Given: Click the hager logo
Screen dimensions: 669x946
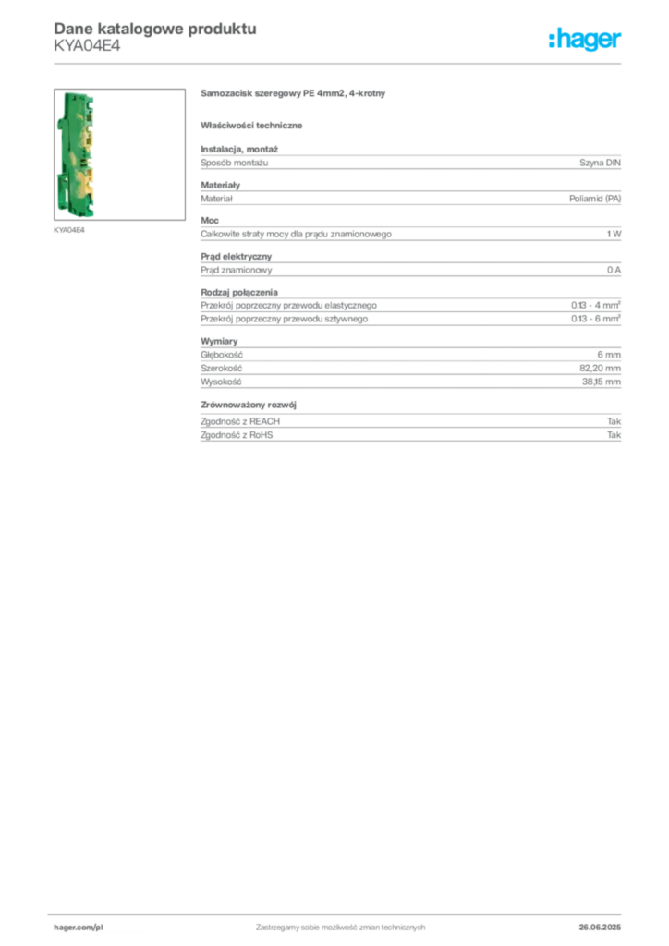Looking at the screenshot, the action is coord(585,40).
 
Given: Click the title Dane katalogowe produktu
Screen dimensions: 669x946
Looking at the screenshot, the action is coord(155,29).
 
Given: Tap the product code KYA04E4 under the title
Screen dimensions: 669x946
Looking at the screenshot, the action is coord(87,46).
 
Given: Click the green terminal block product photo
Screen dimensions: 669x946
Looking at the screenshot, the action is coord(76,154).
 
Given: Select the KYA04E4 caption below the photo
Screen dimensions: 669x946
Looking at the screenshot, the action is coord(68,230).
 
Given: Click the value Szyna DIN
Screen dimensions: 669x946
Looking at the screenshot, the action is coord(600,163).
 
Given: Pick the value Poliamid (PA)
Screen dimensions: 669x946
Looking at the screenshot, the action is coord(595,199).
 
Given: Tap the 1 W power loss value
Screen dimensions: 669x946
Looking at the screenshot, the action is coord(614,234).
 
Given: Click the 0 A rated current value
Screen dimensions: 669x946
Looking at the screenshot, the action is coord(614,270).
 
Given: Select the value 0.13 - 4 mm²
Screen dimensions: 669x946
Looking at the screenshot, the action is coord(595,305).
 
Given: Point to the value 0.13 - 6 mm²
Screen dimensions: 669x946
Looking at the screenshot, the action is coord(595,318).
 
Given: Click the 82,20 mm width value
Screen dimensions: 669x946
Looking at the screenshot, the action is coord(600,368).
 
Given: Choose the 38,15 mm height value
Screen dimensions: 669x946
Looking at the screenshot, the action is coord(601,382).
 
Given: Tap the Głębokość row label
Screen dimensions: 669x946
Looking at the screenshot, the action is coord(222,355).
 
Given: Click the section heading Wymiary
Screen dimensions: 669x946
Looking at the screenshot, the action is coord(219,341).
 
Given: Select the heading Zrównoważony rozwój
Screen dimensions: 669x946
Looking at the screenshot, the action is coord(249,405).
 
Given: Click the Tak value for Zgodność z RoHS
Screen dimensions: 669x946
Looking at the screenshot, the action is coord(614,435).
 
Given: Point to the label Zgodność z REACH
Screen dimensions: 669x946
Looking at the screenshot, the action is coord(240,421).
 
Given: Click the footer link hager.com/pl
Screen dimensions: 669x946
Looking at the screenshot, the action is coord(79,928).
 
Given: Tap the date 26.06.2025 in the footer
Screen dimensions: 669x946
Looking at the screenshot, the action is coord(600,928).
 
